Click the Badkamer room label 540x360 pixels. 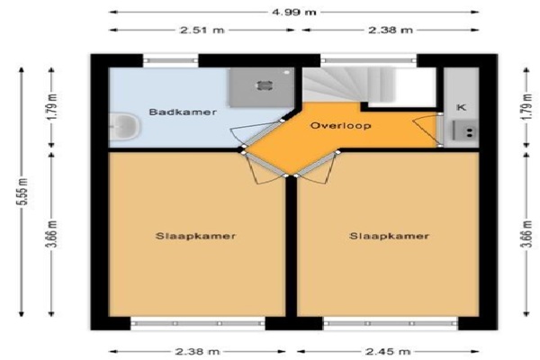(183, 112)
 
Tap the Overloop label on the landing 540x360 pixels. (340, 125)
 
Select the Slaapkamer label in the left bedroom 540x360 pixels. (195, 236)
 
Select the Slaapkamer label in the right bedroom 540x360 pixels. (389, 236)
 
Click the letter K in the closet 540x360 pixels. (461, 107)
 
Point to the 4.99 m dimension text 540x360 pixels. (294, 13)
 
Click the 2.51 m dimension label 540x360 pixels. (202, 31)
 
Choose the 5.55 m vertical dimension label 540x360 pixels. (23, 192)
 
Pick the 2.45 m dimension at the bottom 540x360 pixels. (388, 352)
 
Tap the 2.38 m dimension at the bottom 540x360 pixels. (197, 352)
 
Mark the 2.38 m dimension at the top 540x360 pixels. (391, 31)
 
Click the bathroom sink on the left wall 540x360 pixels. (124, 126)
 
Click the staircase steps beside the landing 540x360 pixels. (347, 86)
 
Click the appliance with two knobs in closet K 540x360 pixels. (465, 130)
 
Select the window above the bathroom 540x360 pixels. (171, 60)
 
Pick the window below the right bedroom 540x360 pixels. (391, 324)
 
